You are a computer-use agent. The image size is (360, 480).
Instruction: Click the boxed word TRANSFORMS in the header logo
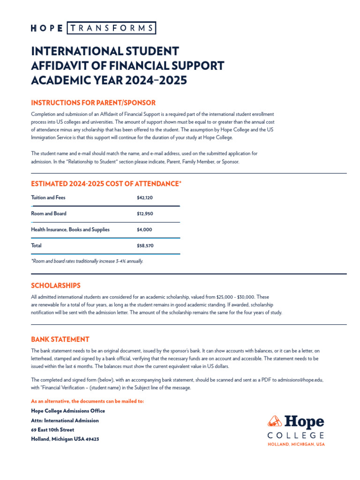(x=112, y=28)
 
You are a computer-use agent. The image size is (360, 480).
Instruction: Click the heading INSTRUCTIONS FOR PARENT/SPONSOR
(x=93, y=103)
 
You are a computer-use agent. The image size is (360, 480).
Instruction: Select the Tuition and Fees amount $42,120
(x=145, y=198)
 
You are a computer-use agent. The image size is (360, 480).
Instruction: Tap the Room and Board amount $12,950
(x=145, y=214)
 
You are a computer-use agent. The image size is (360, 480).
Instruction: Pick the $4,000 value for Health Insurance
(x=143, y=230)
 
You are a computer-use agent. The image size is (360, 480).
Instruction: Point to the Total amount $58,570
(x=145, y=246)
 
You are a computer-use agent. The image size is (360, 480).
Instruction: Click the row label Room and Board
(x=49, y=214)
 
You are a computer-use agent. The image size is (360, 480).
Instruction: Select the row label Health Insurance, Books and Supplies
(x=70, y=230)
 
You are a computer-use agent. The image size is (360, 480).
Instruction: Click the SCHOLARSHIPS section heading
(x=56, y=285)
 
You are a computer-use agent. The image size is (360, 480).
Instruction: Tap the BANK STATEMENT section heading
(x=60, y=339)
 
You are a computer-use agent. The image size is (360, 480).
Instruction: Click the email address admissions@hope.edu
(x=300, y=380)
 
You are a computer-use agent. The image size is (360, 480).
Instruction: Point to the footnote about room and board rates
(x=87, y=261)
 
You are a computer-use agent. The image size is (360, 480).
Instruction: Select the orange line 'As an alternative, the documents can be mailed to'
(x=88, y=401)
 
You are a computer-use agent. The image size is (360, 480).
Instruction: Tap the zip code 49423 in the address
(x=92, y=439)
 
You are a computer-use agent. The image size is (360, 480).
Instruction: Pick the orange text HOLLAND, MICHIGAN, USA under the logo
(x=296, y=444)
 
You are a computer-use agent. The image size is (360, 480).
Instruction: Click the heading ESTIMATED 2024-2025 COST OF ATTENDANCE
(x=106, y=184)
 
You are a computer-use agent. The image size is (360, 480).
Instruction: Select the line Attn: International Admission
(x=65, y=420)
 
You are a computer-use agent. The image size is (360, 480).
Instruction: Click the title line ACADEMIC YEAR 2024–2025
(x=109, y=81)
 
